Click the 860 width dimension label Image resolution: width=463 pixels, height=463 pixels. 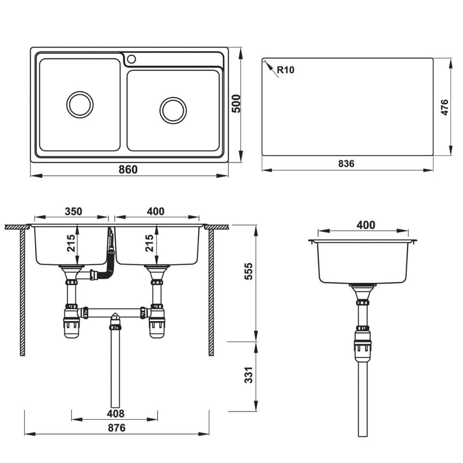click(x=128, y=170)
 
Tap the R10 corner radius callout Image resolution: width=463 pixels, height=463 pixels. click(x=285, y=70)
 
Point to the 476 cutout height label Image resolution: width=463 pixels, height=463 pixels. click(x=444, y=107)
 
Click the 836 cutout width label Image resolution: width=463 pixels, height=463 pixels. click(x=346, y=164)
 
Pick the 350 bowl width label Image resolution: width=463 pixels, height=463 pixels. click(x=73, y=211)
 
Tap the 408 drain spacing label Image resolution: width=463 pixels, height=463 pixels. click(x=116, y=413)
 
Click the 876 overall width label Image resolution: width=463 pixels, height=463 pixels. click(x=117, y=428)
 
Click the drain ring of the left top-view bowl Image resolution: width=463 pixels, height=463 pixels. click(x=80, y=104)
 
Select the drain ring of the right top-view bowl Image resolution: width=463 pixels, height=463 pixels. click(x=173, y=110)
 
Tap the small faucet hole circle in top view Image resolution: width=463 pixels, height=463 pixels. click(x=132, y=59)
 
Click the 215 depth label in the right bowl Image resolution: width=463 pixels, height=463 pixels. click(x=150, y=243)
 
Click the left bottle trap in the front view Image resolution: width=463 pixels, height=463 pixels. click(x=71, y=324)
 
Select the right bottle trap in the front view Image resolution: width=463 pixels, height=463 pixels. click(x=157, y=324)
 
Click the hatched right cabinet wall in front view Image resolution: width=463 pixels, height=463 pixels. click(x=211, y=294)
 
